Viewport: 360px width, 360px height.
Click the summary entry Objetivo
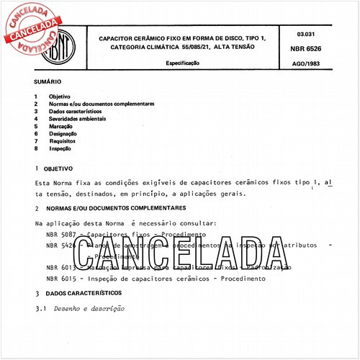click(x=60, y=96)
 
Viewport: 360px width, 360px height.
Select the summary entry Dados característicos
click(x=75, y=112)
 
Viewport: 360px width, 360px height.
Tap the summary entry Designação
click(x=63, y=134)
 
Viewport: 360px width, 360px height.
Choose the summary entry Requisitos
click(x=63, y=142)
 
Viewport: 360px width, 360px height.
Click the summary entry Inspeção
click(x=61, y=149)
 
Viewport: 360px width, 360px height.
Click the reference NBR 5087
click(x=59, y=235)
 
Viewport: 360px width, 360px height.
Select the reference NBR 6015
click(x=59, y=278)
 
